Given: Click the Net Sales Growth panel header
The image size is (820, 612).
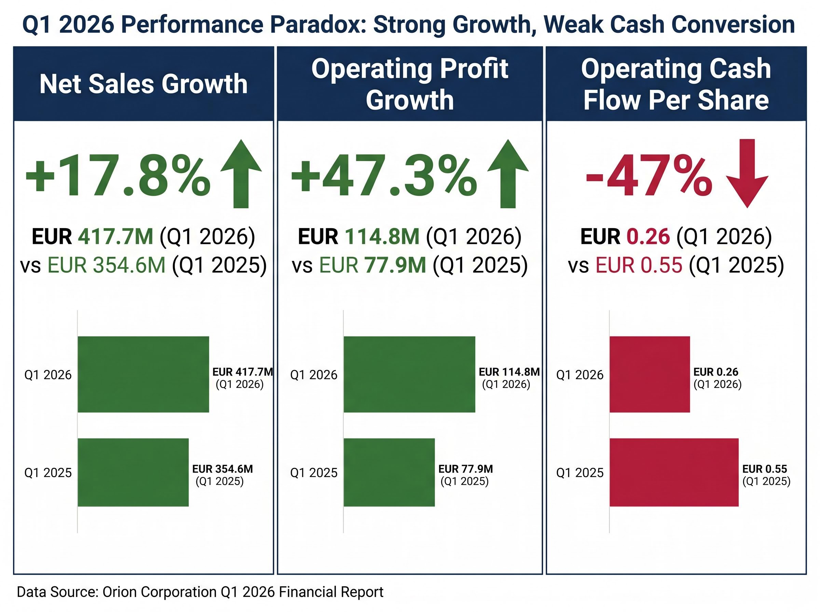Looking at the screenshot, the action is pos(143,84).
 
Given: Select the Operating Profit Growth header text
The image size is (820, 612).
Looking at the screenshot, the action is pos(409,84).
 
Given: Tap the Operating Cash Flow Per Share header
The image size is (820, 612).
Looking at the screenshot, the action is pos(676,84).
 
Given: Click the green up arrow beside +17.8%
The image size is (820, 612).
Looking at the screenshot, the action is pos(241,173).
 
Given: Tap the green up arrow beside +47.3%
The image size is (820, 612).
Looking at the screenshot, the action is pos(508,173).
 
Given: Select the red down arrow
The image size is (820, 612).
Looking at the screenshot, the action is pos(747,173).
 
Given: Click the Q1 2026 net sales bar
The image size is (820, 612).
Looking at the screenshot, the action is pos(143,374).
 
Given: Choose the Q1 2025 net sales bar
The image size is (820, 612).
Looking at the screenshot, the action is pos(133,472).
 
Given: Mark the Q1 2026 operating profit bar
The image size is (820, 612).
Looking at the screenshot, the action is pos(409,374).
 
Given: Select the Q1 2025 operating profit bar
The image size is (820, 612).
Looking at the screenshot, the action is pos(389,472).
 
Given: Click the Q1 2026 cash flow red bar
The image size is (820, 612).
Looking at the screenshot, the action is pos(650,374).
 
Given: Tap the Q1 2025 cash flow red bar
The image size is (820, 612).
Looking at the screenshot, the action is pos(674,472).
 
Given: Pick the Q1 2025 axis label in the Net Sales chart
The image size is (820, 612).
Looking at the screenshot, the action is pos(48,473).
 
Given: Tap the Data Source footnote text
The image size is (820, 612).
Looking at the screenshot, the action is pos(200,592).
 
